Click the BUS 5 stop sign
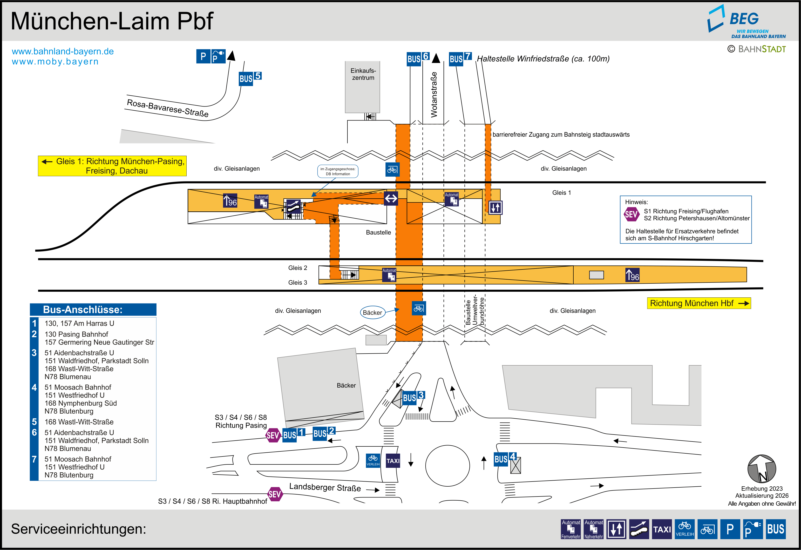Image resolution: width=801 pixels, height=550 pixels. tap(250, 78)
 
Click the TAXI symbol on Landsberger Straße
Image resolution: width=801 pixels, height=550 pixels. tap(393, 461)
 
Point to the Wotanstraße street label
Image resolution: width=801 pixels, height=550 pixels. tap(434, 95)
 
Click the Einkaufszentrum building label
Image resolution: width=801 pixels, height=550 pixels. tap(363, 74)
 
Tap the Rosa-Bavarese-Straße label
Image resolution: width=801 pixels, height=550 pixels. tap(168, 108)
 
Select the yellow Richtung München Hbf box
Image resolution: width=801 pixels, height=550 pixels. tap(699, 303)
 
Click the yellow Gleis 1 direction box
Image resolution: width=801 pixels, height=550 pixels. tap(112, 166)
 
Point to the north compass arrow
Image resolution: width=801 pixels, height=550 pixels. tap(762, 469)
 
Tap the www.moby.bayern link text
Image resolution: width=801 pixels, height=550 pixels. tap(55, 62)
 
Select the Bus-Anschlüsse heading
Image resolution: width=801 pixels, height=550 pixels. tap(83, 309)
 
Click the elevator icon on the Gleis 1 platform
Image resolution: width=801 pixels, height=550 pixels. tap(495, 208)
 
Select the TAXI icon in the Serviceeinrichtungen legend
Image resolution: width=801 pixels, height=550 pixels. tap(662, 529)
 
